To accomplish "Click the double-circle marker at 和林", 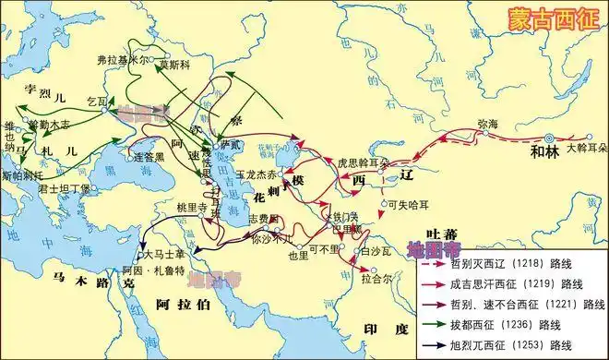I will click(549, 138).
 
